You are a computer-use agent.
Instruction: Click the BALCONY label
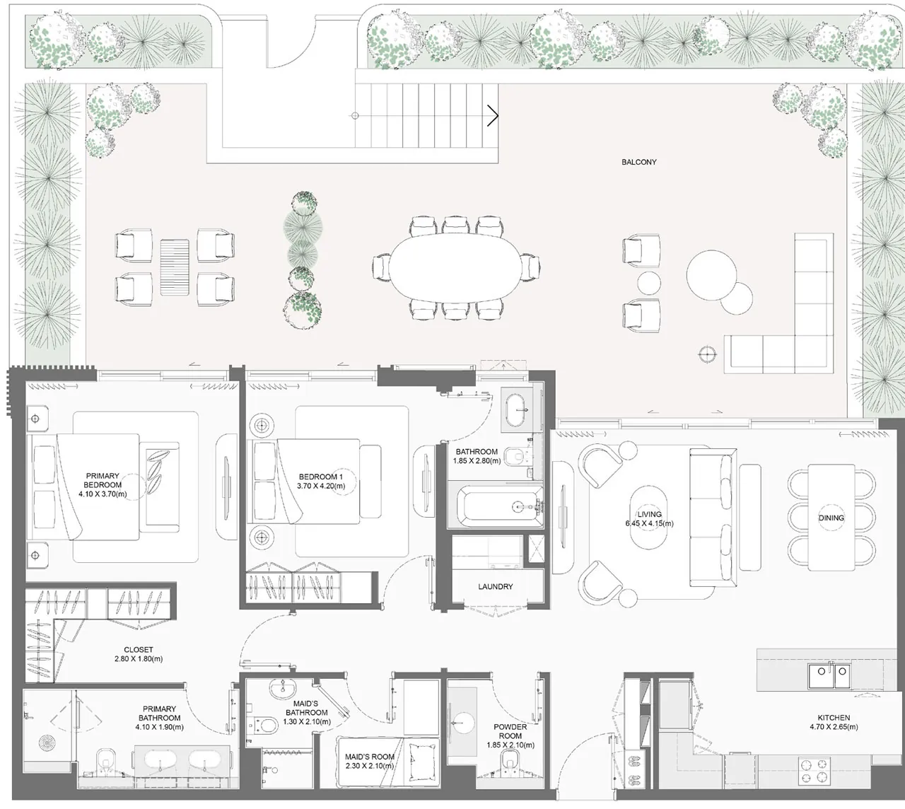(x=638, y=162)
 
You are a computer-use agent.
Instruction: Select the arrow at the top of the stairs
(x=493, y=116)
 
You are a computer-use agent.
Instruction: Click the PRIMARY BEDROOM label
(x=103, y=480)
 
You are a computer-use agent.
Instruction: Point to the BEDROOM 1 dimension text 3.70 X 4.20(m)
(x=321, y=486)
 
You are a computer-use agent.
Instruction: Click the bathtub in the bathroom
(x=501, y=506)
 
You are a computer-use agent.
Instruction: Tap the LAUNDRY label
(x=496, y=586)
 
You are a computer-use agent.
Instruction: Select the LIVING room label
(x=650, y=514)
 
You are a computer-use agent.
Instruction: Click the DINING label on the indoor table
(x=831, y=518)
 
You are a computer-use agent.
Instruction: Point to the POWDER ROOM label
(x=510, y=731)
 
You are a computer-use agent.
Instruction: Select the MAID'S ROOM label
(x=369, y=757)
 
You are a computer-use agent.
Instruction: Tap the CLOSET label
(x=139, y=649)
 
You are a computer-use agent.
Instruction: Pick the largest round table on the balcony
(x=711, y=274)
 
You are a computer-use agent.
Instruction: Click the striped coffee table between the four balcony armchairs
(x=175, y=267)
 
